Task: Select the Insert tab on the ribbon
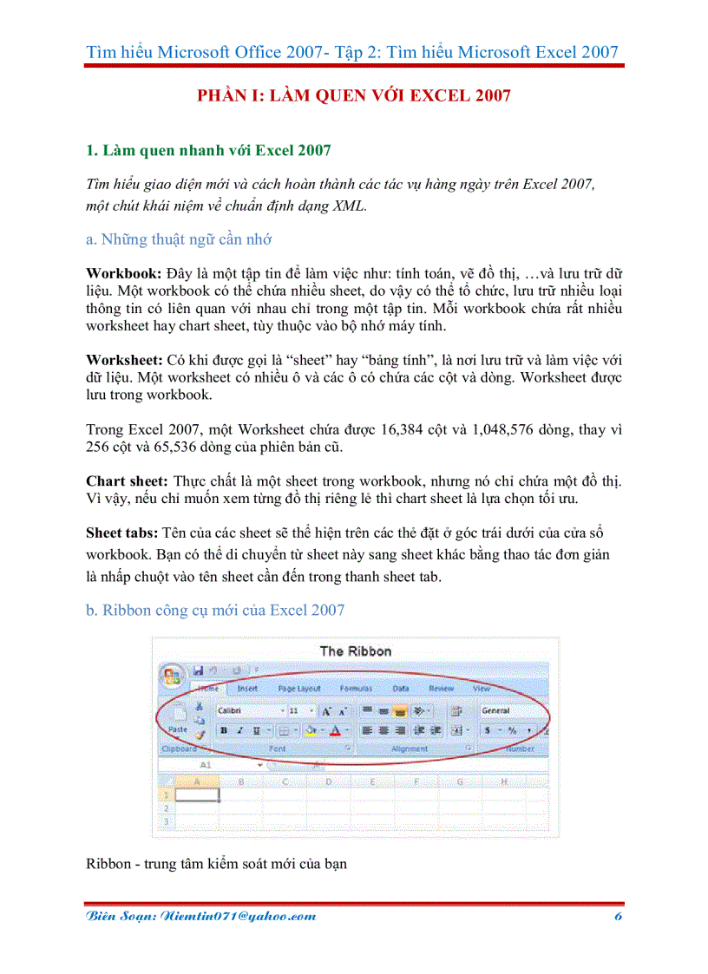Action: [x=247, y=689]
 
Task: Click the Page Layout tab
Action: [x=298, y=689]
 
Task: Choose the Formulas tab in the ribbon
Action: [x=356, y=689]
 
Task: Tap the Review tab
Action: [x=441, y=689]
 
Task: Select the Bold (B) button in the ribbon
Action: [x=224, y=731]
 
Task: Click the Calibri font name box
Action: [x=247, y=710]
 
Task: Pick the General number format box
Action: [x=512, y=710]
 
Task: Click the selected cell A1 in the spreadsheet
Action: [x=197, y=794]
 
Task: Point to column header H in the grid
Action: [x=504, y=781]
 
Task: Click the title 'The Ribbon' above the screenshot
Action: [x=355, y=650]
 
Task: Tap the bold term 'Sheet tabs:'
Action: [x=122, y=532]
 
